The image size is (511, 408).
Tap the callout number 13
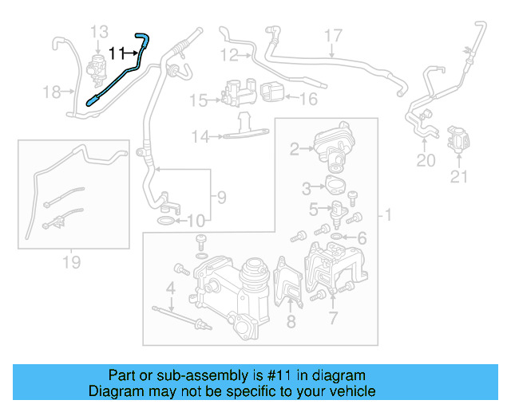99,32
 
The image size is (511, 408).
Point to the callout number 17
332,36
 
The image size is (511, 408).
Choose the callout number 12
229,55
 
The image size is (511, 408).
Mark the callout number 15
198,100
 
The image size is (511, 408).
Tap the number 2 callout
294,147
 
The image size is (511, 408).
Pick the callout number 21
458,177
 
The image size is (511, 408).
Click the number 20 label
426,161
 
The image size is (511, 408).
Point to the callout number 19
71,262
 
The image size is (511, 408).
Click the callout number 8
291,321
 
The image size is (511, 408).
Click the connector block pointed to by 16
271,90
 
